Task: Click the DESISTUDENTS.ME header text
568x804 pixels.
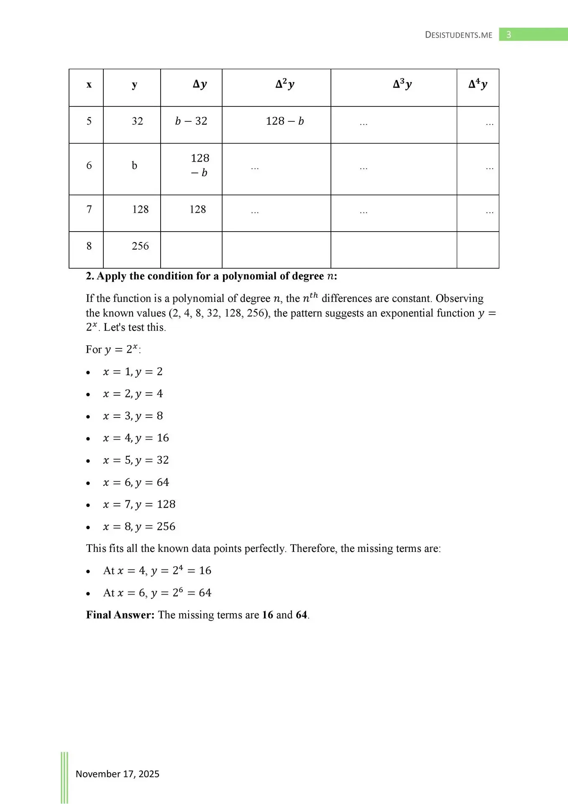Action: [458, 35]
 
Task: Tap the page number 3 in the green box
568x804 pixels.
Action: [509, 35]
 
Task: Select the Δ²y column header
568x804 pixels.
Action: [285, 85]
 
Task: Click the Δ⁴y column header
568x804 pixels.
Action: [478, 85]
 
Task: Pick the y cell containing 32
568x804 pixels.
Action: [137, 121]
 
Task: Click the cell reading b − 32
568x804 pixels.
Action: [191, 121]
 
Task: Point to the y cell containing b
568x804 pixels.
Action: [134, 166]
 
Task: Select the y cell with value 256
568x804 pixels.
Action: [140, 246]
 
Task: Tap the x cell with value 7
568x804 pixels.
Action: [89, 209]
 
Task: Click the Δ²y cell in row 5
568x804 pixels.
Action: [285, 121]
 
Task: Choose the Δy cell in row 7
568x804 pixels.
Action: [197, 209]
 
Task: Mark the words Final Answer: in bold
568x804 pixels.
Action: [120, 615]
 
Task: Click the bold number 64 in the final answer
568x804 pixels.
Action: [302, 615]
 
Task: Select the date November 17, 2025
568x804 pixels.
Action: [118, 774]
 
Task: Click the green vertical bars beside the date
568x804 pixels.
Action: [64, 777]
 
